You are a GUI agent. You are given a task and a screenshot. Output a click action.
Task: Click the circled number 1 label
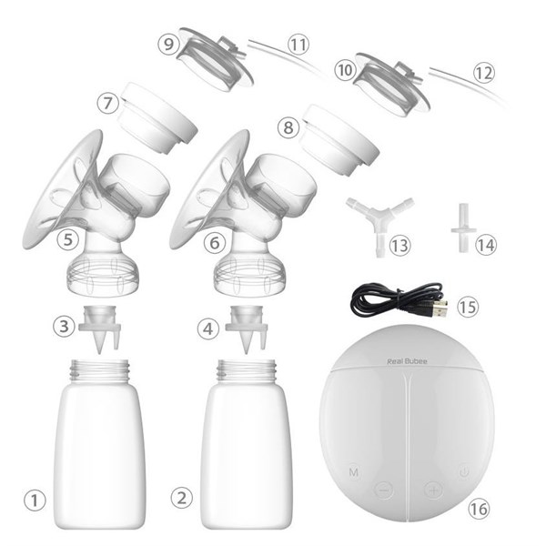point(35,500)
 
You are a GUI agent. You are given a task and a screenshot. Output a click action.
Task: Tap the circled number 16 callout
point(479,509)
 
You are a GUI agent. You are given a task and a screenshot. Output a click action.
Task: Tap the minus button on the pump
point(384,490)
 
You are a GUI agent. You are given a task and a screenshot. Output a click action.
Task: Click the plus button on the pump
point(433,490)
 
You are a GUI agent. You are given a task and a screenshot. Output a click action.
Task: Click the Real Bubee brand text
point(407,361)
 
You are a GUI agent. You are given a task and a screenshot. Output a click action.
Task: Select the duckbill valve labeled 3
point(100,328)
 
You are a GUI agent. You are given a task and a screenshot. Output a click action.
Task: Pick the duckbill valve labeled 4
point(247,328)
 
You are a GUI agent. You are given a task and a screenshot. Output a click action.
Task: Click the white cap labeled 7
point(157,118)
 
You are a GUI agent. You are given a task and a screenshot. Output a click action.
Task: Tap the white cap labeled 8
point(339,139)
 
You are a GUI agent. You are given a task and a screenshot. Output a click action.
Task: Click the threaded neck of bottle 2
point(247,371)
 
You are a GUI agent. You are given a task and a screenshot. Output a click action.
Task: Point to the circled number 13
point(399,246)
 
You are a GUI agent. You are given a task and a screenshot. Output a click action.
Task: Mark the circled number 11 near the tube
point(298,45)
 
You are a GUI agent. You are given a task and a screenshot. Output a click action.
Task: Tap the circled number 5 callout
point(67,239)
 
